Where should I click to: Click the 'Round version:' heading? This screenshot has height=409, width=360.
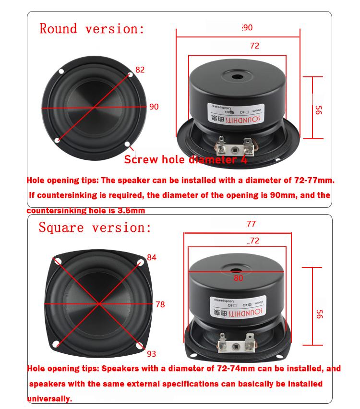point(91,29)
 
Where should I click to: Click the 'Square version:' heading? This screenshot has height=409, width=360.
point(95,227)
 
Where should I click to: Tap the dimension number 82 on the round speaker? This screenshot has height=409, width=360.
point(140,70)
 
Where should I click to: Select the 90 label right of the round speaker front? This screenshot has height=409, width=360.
point(154,107)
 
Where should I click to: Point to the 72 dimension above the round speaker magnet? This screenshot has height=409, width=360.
point(254,46)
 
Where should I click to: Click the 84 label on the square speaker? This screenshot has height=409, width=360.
point(152,257)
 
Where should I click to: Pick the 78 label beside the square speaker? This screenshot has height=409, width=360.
point(160,304)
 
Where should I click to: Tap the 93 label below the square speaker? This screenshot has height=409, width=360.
point(151,354)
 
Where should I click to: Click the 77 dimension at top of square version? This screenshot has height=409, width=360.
point(251,224)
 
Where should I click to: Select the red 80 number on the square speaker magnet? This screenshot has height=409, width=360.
point(239,278)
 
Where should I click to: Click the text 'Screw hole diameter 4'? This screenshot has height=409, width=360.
point(185,160)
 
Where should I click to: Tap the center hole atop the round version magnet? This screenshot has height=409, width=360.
point(238,76)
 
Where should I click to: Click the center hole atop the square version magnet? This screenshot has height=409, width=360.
point(238,272)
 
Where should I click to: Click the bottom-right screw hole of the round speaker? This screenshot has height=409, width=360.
point(128,144)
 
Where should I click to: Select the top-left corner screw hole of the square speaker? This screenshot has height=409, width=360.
point(58,262)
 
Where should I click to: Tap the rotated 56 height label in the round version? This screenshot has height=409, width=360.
point(317,110)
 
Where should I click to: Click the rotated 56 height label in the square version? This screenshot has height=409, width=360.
point(319,314)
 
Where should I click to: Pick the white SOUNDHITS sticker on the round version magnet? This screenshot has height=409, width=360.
point(231,113)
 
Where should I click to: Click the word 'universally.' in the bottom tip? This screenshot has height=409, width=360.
point(49,398)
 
